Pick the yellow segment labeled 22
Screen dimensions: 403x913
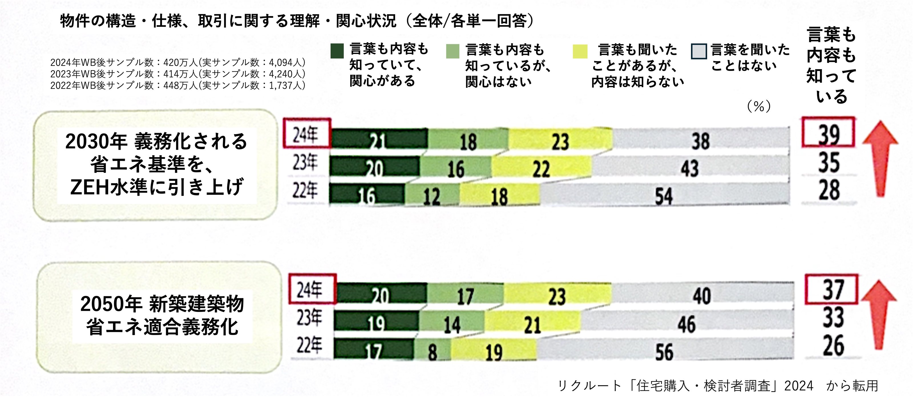click(x=541, y=167)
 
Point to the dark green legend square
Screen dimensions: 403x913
click(x=337, y=51)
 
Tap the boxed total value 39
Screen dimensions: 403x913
click(x=828, y=133)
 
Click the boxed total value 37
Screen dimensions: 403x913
click(x=831, y=289)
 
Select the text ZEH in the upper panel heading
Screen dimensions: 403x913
click(x=89, y=187)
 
